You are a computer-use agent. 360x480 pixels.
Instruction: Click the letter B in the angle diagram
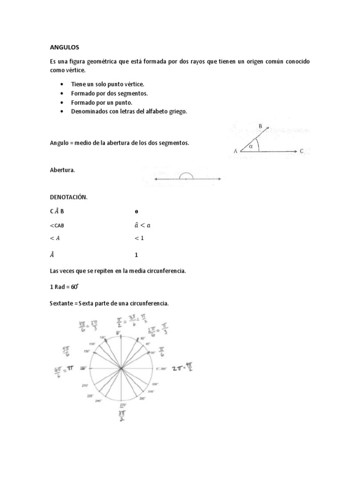[x=261, y=126]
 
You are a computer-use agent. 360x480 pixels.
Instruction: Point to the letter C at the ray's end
[x=302, y=151]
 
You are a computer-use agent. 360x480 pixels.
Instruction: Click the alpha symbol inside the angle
[x=251, y=146]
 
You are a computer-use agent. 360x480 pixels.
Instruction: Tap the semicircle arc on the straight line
[x=187, y=176]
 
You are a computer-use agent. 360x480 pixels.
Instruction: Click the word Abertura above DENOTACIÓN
[x=62, y=171]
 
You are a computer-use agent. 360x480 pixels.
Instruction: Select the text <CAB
[x=60, y=225]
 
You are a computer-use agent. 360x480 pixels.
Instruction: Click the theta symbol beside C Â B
[x=136, y=211]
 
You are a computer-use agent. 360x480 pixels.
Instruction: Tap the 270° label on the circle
[x=123, y=405]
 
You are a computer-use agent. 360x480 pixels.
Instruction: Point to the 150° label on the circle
[x=87, y=351]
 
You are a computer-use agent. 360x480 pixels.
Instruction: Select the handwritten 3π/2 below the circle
[x=122, y=417]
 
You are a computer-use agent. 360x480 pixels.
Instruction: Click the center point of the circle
[x=122, y=368]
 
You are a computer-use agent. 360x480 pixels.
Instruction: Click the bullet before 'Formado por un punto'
[x=62, y=102]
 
